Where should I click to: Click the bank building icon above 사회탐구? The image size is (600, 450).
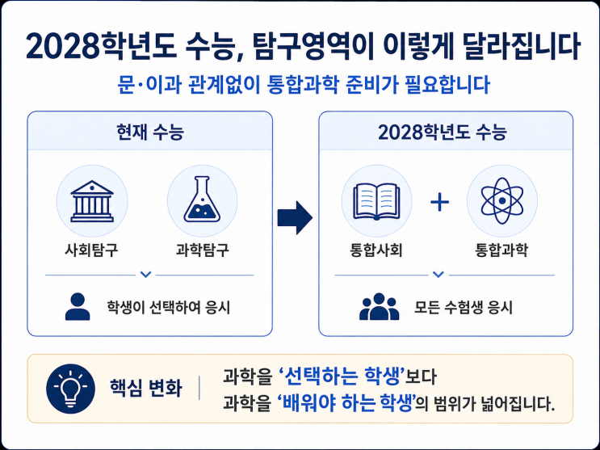tap(92, 201)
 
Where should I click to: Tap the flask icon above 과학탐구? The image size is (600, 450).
tap(202, 200)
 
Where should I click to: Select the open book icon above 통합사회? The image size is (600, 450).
tap(377, 201)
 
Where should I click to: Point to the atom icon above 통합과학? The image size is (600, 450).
tap(502, 200)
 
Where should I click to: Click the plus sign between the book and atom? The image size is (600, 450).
tap(439, 202)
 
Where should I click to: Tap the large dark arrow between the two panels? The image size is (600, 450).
tap(295, 217)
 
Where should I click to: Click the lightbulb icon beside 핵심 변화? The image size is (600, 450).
tap(70, 389)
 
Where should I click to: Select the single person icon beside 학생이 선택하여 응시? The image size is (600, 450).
tap(78, 306)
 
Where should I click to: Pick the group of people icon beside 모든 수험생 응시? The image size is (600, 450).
tap(379, 306)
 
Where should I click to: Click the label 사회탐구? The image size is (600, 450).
tap(91, 250)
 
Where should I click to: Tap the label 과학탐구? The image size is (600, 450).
tap(203, 250)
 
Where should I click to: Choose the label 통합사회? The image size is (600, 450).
tap(376, 250)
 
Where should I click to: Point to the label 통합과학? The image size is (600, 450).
tap(501, 250)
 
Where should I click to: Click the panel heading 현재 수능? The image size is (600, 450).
tap(150, 132)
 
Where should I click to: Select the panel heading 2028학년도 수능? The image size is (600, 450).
tap(443, 132)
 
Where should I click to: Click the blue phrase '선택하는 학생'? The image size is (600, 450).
tap(340, 376)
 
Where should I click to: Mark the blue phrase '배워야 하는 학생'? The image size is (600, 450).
tap(347, 403)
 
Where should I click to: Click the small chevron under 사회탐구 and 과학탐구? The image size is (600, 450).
tap(146, 275)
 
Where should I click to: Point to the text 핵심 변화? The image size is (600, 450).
tap(146, 389)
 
